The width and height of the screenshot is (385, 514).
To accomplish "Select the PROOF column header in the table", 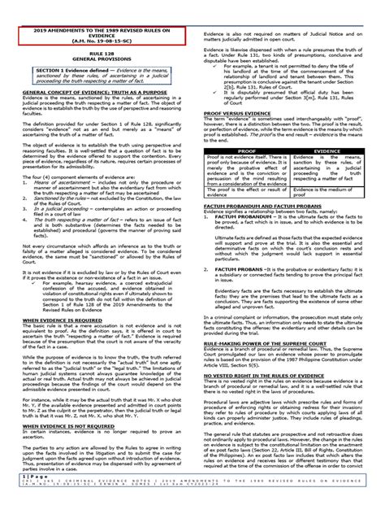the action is (240, 150).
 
